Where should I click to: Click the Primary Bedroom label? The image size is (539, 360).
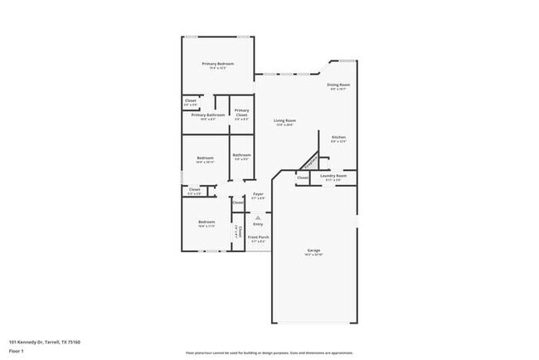click(x=218, y=64)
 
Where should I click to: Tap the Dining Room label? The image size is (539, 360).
click(x=337, y=85)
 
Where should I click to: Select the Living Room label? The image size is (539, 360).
click(x=284, y=121)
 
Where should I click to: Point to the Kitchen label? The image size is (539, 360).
click(x=338, y=137)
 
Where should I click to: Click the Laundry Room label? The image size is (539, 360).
click(x=333, y=175)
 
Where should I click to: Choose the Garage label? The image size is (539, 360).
click(x=314, y=250)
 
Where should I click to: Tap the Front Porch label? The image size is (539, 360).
click(x=258, y=237)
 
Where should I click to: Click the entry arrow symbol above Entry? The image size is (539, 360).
click(x=258, y=216)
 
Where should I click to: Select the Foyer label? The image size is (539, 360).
click(x=258, y=194)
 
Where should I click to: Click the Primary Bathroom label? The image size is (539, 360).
click(x=208, y=114)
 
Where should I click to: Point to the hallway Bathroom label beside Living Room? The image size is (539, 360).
click(x=241, y=154)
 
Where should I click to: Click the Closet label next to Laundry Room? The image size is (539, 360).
click(x=303, y=177)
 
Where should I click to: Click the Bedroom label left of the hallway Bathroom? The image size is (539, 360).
click(x=205, y=158)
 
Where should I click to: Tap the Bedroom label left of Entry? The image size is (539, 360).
click(x=206, y=221)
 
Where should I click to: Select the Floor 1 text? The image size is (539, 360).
click(x=17, y=351)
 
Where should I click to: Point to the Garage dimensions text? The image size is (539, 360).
click(x=314, y=255)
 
